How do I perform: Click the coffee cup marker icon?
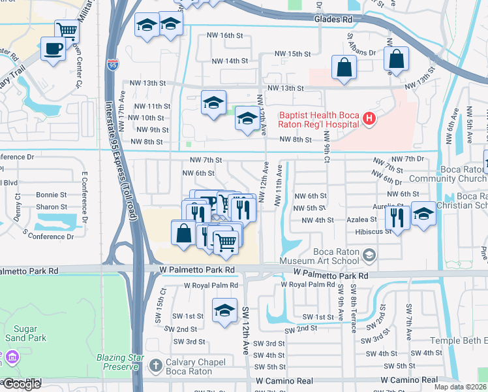pos(53,48)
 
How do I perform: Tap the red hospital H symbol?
pos(369,118)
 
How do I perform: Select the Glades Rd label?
pos(333,20)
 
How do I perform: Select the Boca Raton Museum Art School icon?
pos(369,254)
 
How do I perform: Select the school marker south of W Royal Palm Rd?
pos(224,310)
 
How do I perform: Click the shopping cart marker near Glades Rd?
pos(67,29)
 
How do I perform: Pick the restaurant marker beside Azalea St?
pos(397,217)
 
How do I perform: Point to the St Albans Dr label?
pos(361,45)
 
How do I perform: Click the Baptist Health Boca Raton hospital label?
pos(319,118)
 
